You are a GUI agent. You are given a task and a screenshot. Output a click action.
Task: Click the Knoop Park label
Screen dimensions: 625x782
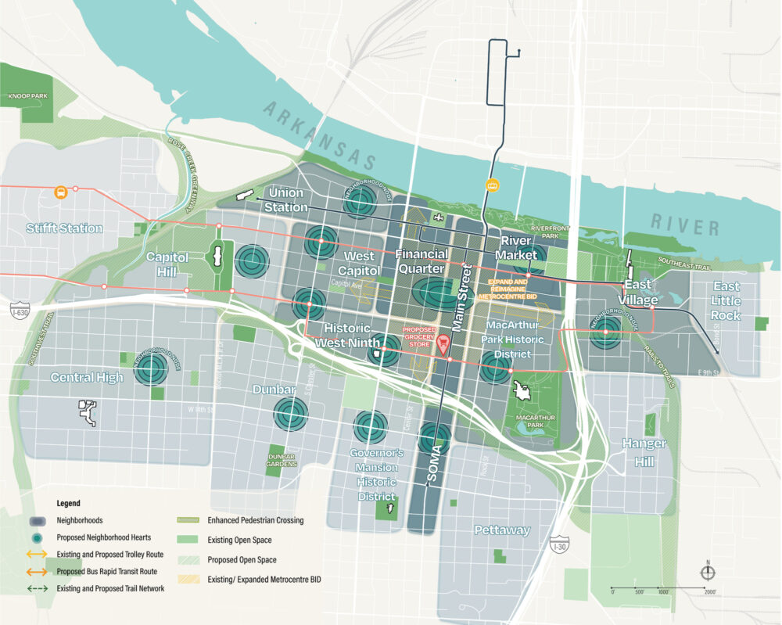click(x=28, y=96)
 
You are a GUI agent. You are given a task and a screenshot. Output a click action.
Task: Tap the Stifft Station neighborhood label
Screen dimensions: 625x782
click(x=64, y=228)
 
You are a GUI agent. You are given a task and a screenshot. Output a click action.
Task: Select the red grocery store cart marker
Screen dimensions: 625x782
click(x=443, y=343)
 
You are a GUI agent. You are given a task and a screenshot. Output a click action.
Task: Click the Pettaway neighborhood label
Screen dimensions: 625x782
click(x=502, y=530)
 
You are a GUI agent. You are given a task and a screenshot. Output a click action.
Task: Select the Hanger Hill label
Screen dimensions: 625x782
click(x=644, y=451)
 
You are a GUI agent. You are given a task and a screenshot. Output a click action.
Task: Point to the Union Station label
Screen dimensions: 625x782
click(x=286, y=199)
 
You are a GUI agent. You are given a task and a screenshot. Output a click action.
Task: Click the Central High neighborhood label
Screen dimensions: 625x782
click(x=87, y=378)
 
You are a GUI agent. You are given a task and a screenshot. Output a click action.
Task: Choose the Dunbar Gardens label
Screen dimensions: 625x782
click(x=282, y=460)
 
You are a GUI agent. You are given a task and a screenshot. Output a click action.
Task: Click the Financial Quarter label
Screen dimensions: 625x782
click(x=422, y=261)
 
